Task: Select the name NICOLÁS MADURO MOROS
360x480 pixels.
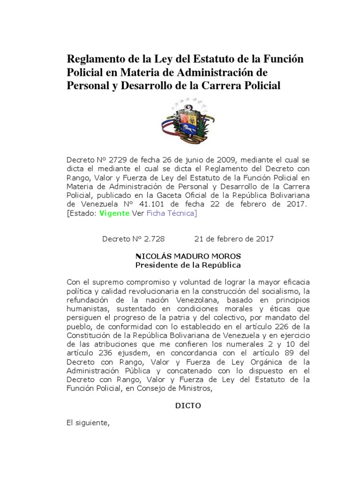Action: click(x=188, y=256)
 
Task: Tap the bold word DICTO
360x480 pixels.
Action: click(x=188, y=405)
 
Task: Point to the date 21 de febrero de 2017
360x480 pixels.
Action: click(x=234, y=239)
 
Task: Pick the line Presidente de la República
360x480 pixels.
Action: click(x=188, y=265)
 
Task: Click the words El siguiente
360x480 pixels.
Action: click(x=88, y=423)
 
